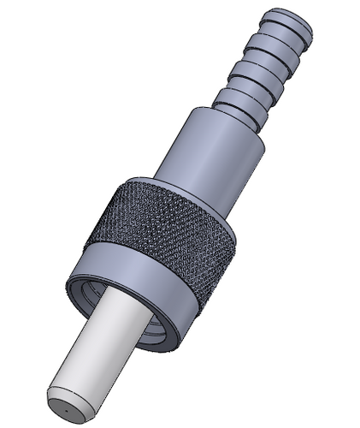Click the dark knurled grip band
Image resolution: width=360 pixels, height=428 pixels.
162,235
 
